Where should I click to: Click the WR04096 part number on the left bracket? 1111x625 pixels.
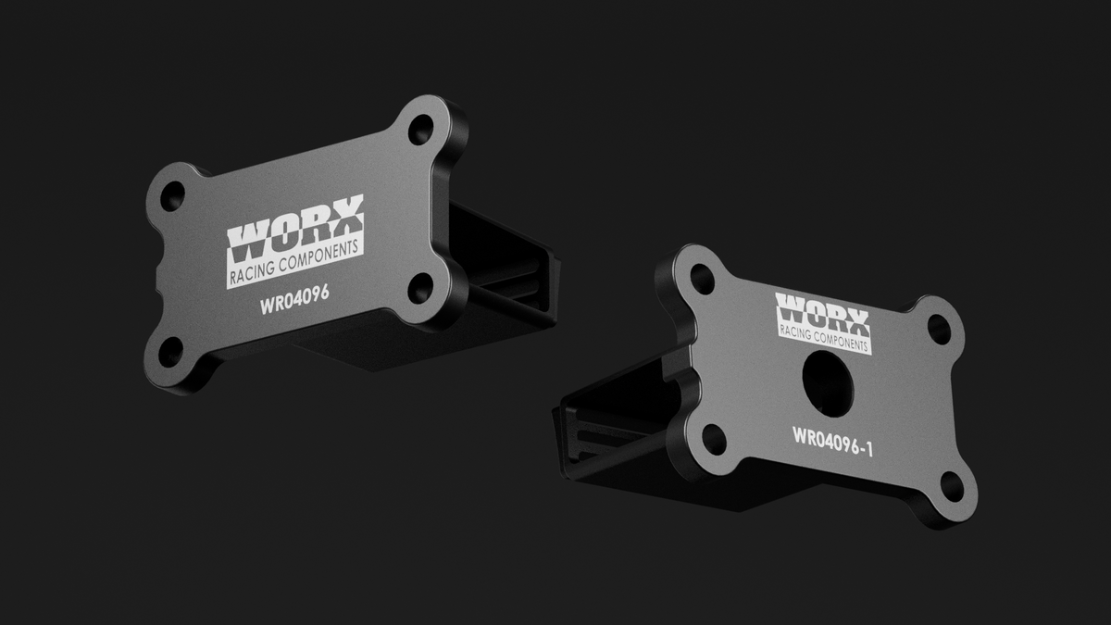click(x=294, y=299)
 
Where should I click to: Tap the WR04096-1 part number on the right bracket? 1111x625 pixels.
click(x=832, y=442)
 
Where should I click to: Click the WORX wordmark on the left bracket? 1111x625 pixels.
click(x=295, y=229)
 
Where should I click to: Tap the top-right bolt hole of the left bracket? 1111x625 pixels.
click(x=420, y=129)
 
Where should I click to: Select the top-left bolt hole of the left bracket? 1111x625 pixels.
click(x=172, y=196)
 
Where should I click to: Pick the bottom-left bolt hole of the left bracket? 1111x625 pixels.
click(x=170, y=352)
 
